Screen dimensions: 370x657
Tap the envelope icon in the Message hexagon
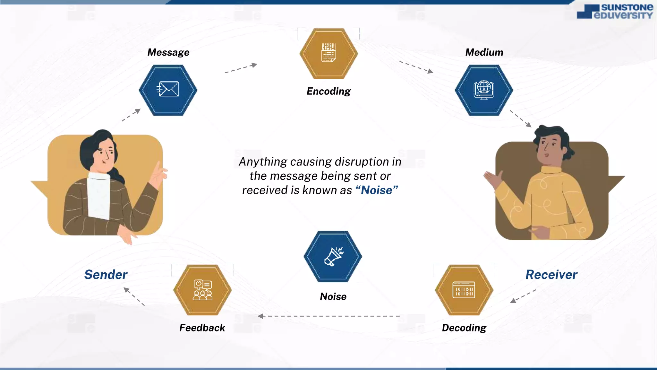click(168, 89)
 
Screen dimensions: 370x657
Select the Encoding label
click(328, 91)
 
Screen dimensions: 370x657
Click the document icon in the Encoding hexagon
click(328, 53)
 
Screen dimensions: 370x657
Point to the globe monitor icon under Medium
click(484, 90)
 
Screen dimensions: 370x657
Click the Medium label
click(484, 52)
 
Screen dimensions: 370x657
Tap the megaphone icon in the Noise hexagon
click(333, 256)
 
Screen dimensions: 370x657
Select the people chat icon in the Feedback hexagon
click(202, 290)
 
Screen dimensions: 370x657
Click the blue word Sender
click(106, 275)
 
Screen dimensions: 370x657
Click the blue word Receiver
click(551, 275)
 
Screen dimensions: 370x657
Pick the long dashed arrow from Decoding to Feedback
click(328, 316)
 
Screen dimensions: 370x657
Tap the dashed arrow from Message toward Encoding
click(241, 68)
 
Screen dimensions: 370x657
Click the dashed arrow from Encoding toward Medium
click(416, 67)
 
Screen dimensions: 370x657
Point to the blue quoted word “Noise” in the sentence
click(377, 190)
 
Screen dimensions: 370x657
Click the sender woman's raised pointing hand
click(158, 175)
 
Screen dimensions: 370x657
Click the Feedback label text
click(202, 328)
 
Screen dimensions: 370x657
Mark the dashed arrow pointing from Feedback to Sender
click(134, 296)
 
